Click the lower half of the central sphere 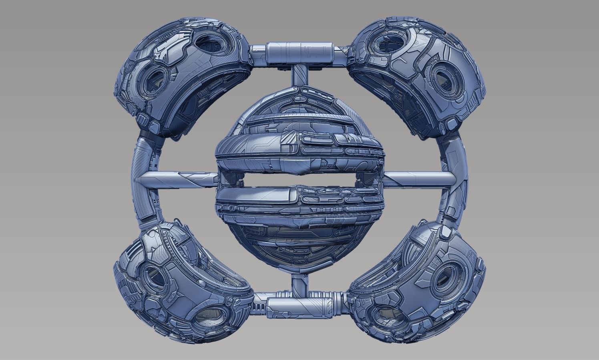pyautogui.click(x=298, y=224)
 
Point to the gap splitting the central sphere pyautogui.click(x=298, y=179)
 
